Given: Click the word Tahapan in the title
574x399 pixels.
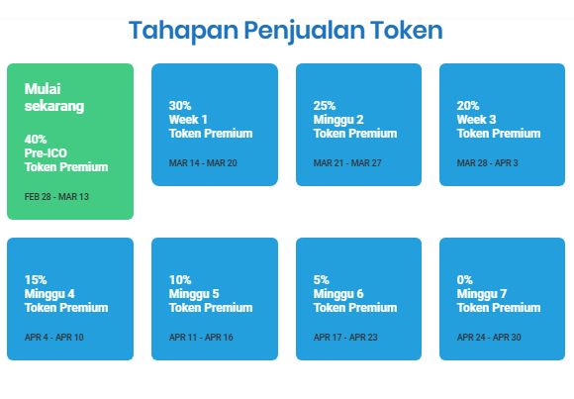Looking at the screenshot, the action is point(183,30).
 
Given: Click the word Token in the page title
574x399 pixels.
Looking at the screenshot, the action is point(406,30).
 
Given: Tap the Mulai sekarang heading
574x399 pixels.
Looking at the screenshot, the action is point(54,97).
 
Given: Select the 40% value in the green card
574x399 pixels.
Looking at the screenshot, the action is point(36,140).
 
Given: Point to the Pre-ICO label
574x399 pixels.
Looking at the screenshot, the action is point(46,153).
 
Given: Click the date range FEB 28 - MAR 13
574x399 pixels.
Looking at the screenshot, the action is point(56,197).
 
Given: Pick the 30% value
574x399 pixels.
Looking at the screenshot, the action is point(180,106).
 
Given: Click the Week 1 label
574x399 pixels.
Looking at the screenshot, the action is point(188,120).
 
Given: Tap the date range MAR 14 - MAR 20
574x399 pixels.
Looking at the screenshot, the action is point(203,163).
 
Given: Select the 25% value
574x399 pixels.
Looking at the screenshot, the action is point(325,106).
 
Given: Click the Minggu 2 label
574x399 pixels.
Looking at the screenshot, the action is point(338,120).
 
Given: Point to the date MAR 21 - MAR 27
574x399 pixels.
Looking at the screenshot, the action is point(347,163).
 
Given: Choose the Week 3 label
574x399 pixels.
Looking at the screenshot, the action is point(477,120).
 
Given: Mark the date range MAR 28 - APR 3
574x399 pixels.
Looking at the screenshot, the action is point(488,163).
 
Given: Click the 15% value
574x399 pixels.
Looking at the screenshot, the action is point(36,280).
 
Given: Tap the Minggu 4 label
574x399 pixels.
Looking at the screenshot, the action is point(49,294).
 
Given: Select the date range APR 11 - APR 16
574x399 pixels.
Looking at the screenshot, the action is point(201,338).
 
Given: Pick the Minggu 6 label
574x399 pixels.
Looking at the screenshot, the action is point(338,294).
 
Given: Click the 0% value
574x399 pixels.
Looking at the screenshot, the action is point(465,280).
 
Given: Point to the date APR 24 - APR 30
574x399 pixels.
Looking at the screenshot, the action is point(489,338).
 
